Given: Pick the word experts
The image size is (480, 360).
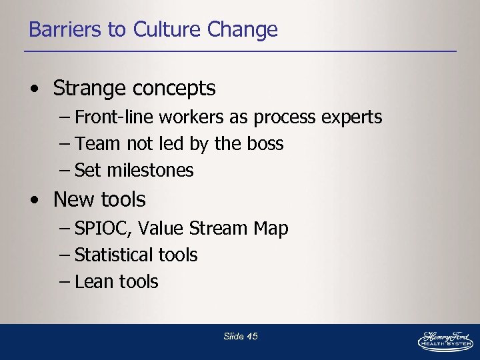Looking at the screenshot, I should tap(351, 118).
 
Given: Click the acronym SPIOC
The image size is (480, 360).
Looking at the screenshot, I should tap(104, 229).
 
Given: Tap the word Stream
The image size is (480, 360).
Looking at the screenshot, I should tap(219, 229).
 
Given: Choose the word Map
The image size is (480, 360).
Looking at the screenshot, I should tap(271, 229).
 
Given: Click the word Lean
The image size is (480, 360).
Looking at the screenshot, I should tap(94, 282).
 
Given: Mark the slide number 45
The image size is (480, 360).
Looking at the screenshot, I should tap(252, 337).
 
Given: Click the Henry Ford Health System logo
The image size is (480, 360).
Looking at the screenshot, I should tap(445, 341).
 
